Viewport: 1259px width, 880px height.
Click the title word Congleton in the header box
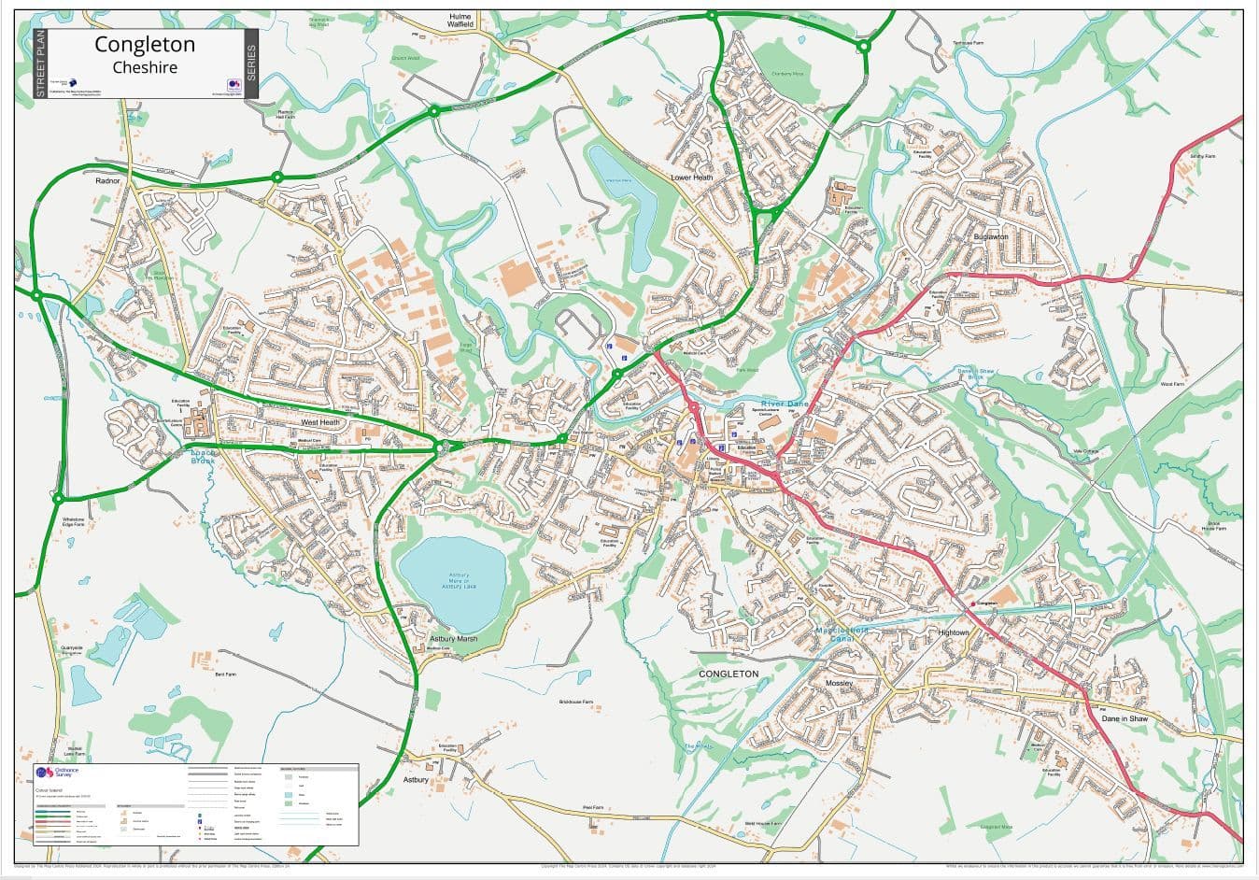145,45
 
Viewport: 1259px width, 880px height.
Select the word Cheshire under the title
145,67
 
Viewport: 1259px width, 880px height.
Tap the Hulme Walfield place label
460,21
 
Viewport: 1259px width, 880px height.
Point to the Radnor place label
107,180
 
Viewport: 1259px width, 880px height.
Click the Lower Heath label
691,177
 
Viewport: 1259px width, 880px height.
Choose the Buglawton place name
990,237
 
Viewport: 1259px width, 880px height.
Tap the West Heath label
320,422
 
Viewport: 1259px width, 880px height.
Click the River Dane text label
784,403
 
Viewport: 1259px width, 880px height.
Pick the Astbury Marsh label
453,640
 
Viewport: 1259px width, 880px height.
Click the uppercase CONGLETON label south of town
729,674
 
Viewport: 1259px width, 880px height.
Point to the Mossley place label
839,684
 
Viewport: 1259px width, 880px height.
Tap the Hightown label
954,632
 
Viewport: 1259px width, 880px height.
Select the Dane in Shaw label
1124,718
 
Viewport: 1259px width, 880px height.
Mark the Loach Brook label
203,456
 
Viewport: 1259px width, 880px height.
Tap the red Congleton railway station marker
972,603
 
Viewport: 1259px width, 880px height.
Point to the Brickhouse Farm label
576,702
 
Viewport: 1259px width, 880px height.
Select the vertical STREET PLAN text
39,64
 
